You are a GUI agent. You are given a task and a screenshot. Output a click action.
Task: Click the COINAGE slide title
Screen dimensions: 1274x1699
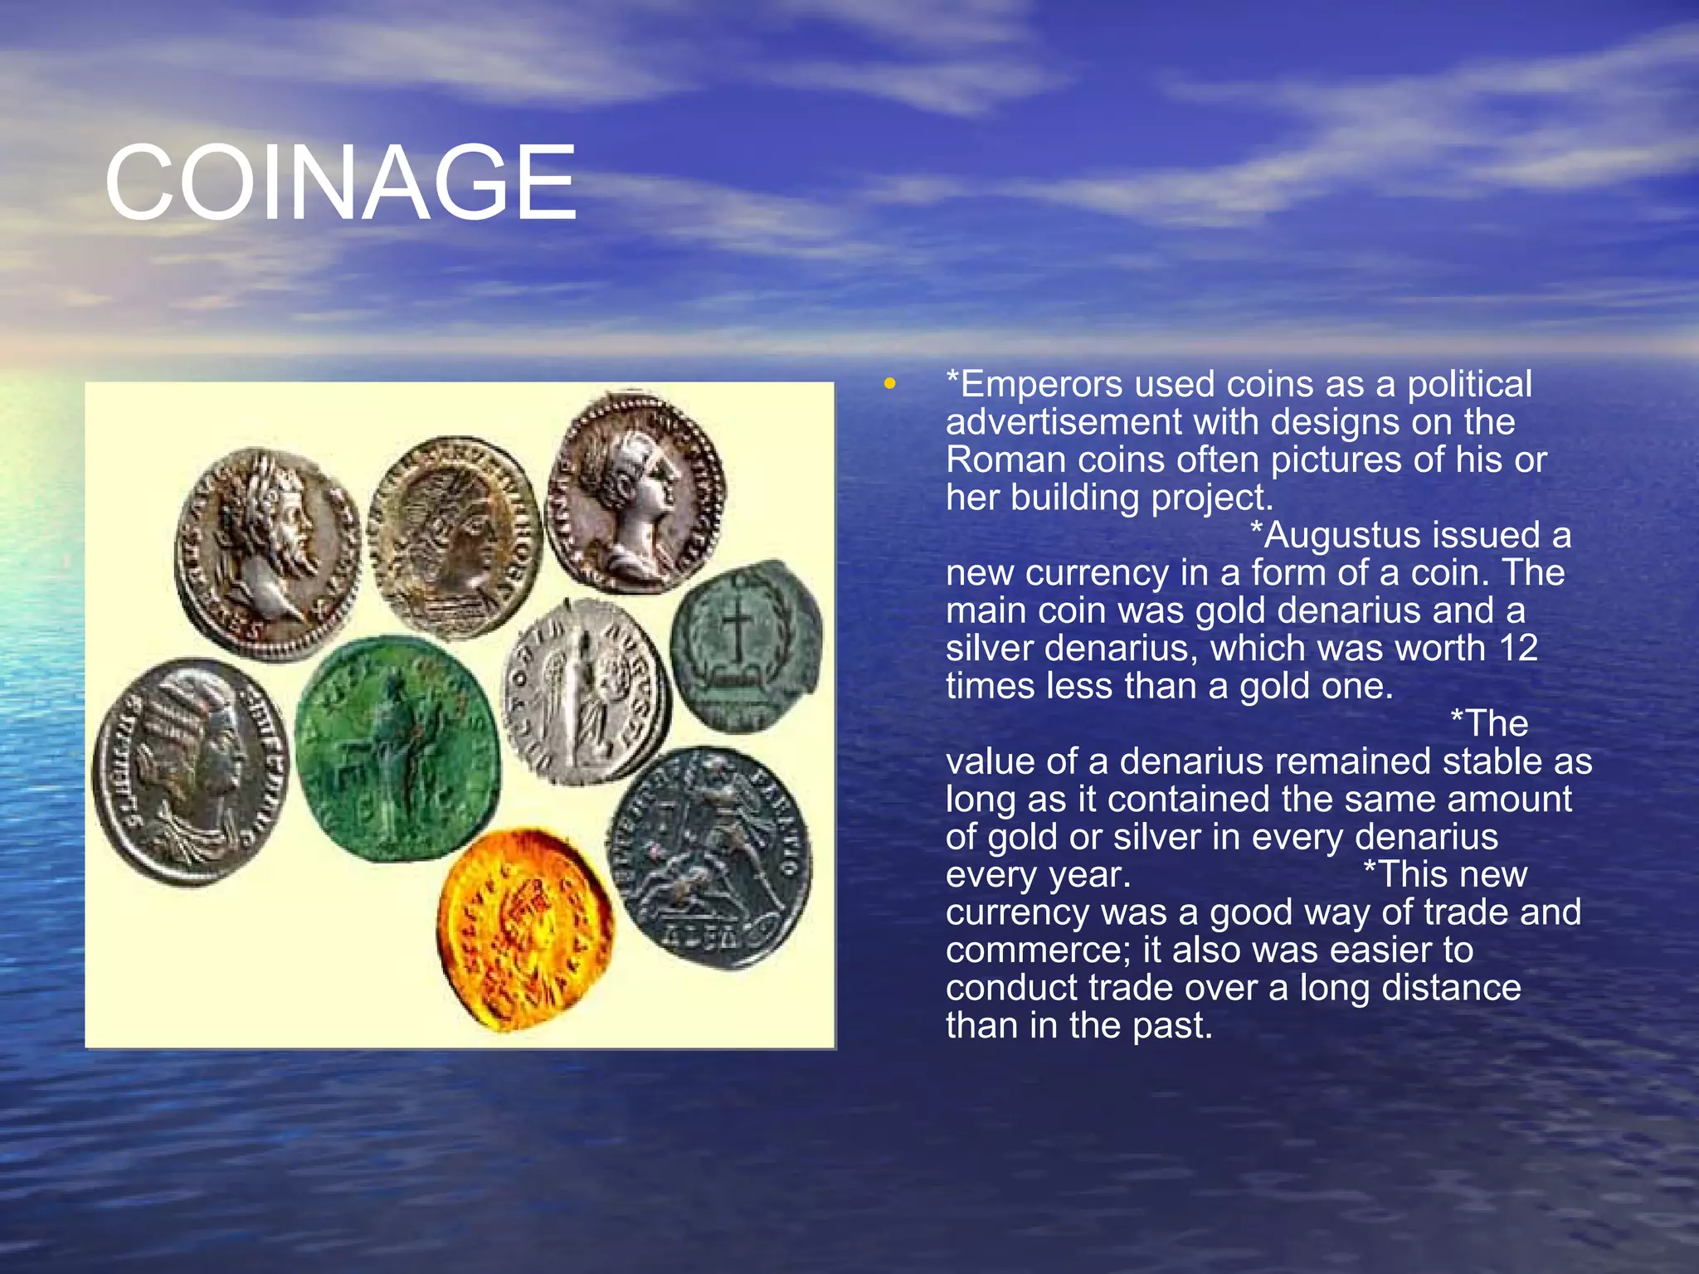click(x=340, y=182)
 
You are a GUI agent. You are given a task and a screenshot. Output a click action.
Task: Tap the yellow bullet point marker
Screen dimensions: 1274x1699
click(x=890, y=383)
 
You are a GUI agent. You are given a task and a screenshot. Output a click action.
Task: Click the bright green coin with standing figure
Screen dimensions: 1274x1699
click(x=397, y=747)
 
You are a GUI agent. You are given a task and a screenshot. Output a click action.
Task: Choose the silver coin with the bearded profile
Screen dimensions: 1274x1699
click(x=267, y=553)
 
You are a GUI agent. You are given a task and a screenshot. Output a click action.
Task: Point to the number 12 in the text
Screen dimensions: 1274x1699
click(x=1518, y=648)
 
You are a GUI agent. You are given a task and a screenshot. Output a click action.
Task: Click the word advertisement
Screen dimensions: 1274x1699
click(x=1063, y=422)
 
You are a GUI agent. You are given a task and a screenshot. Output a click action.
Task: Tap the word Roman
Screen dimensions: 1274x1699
click(x=1005, y=460)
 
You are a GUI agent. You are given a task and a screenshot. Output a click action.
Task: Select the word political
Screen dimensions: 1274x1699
click(x=1468, y=385)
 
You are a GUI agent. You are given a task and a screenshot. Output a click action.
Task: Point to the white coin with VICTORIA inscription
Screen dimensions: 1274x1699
click(x=587, y=691)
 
